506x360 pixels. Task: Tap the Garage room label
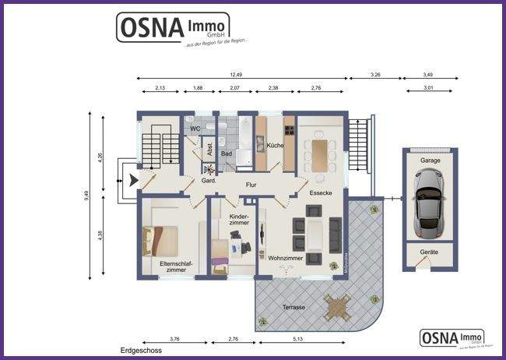430,160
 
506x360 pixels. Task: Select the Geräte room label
428,252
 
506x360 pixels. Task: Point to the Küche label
275,146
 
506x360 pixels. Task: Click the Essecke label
322,192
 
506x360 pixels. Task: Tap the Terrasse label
293,307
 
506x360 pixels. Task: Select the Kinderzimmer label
239,220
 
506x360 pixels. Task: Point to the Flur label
251,185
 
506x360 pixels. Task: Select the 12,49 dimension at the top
237,75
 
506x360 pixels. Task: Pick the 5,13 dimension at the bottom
298,339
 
